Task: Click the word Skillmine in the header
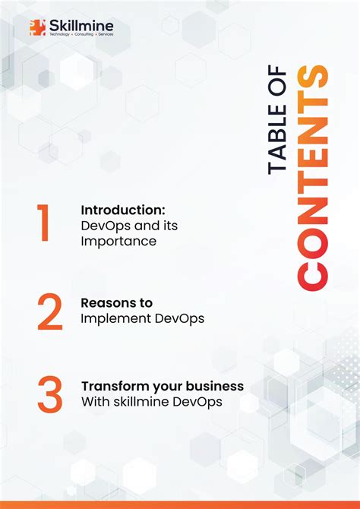pos(81,28)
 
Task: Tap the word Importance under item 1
pos(118,242)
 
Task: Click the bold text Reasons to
pos(116,302)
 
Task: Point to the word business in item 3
pos(217,386)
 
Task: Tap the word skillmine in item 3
pos(140,401)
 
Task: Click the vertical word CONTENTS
pos(313,179)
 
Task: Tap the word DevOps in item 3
pos(198,401)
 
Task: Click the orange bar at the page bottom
pos(180,504)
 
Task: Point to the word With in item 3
pos(94,401)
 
